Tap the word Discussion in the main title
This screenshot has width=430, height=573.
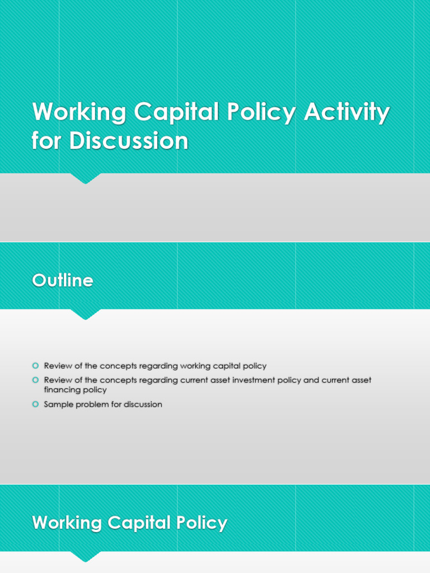129,141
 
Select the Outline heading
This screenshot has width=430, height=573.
63,280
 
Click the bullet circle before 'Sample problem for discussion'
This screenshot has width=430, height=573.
35,404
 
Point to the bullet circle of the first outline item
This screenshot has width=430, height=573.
35,366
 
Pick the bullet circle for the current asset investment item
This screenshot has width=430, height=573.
35,380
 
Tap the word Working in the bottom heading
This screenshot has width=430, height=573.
67,523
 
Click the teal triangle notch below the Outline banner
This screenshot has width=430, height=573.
85,314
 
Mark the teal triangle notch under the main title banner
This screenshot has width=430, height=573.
85,179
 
